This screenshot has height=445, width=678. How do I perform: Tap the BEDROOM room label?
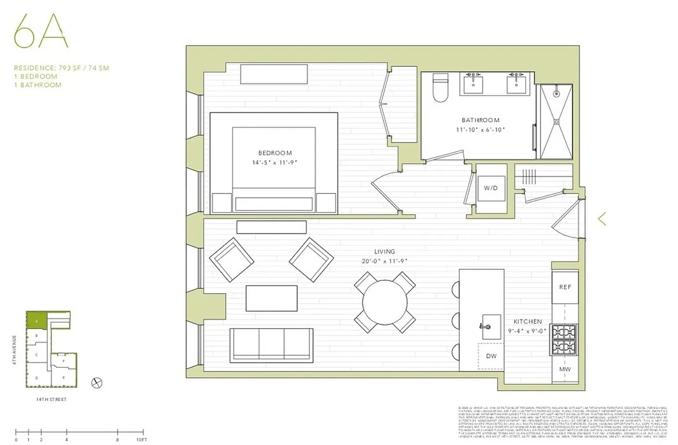click(274, 153)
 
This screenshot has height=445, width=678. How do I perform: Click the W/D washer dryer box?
click(490, 188)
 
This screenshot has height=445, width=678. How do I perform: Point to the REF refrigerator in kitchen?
click(564, 286)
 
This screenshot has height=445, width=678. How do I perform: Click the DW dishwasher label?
click(490, 356)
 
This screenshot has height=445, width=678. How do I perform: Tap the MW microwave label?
click(564, 369)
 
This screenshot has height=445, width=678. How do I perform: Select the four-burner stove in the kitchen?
click(564, 340)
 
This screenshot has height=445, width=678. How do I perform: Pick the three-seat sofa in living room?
click(271, 345)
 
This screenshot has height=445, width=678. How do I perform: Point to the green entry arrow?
click(601, 219)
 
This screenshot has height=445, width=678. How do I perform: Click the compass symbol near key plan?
click(97, 382)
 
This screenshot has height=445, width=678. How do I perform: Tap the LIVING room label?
click(384, 252)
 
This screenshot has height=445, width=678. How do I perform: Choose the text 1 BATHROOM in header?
click(38, 85)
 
